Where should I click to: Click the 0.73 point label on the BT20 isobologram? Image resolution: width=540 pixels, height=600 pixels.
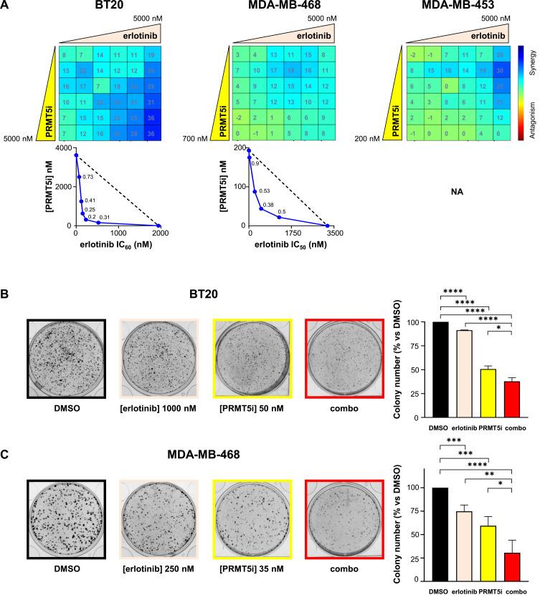point(88,176)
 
